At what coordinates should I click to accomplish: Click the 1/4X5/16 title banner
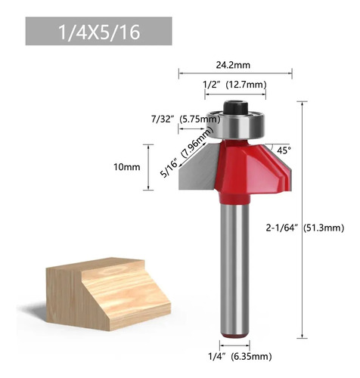tap(98, 31)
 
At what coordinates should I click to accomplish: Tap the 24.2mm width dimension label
tap(233, 65)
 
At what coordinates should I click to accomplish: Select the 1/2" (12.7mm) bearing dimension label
tap(234, 85)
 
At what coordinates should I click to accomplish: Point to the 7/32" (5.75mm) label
tap(185, 119)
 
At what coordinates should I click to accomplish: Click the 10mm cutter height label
tap(127, 167)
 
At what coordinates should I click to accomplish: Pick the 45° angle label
tap(284, 150)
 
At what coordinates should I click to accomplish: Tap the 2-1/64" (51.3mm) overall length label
tap(305, 228)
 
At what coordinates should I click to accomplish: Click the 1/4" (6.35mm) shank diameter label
tap(240, 357)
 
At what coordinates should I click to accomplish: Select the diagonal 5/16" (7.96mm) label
tap(186, 153)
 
